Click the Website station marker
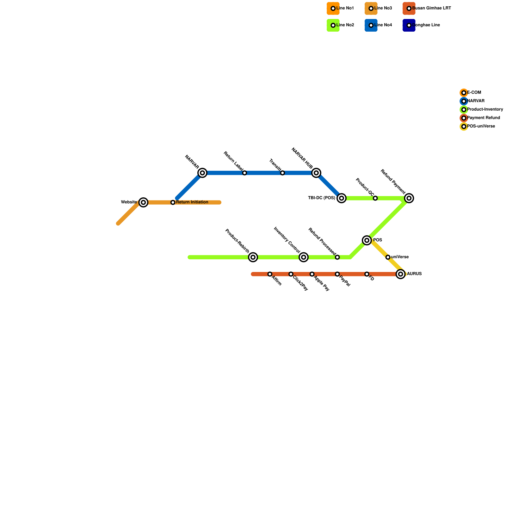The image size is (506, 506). (x=144, y=202)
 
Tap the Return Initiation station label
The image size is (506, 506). (x=192, y=202)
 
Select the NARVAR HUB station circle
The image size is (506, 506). (x=316, y=173)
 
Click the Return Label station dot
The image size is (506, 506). (x=244, y=173)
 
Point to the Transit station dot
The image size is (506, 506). (x=282, y=173)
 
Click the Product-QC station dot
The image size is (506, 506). (x=375, y=198)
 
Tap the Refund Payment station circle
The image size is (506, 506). (x=409, y=198)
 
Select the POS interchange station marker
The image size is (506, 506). (x=367, y=241)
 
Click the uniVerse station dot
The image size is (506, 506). (x=388, y=257)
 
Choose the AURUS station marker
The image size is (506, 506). (x=401, y=274)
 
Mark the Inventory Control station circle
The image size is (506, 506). (x=304, y=257)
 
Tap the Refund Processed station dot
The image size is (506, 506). (x=337, y=257)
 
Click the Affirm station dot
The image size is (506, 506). (x=270, y=274)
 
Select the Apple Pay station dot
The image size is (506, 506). (x=312, y=274)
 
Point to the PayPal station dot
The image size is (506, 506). (x=337, y=274)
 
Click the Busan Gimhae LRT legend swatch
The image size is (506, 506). (x=409, y=9)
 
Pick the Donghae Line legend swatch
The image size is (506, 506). (x=409, y=25)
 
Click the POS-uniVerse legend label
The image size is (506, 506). (x=481, y=126)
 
